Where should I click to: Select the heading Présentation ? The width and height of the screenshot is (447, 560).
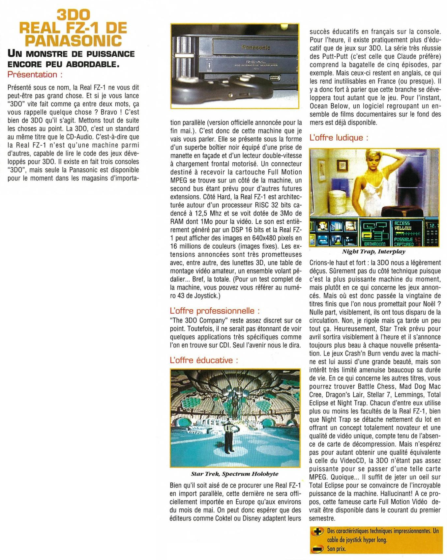pyautogui.click(x=35, y=74)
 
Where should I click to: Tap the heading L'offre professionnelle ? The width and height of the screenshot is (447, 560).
pyautogui.click(x=215, y=311)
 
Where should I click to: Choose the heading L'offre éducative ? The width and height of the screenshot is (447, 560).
pyautogui.click(x=204, y=360)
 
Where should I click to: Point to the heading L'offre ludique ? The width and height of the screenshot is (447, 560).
pyautogui.click(x=339, y=138)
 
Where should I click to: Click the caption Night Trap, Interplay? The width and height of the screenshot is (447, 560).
pyautogui.click(x=373, y=252)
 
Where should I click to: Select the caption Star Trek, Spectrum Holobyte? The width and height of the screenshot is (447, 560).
pyautogui.click(x=235, y=474)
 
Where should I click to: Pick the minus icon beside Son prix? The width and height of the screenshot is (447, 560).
pyautogui.click(x=317, y=549)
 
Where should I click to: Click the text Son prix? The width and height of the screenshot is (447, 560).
pyautogui.click(x=336, y=549)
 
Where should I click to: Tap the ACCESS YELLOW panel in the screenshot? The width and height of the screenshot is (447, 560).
pyautogui.click(x=403, y=226)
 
